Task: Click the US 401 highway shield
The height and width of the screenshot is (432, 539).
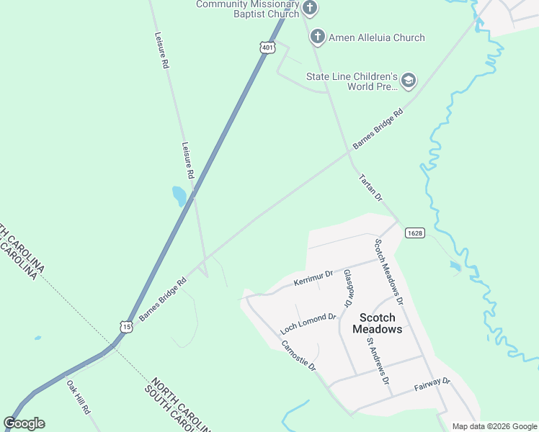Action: click(x=267, y=48)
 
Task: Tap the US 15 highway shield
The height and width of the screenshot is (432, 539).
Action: click(x=127, y=326)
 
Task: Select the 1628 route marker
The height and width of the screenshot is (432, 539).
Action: click(x=414, y=233)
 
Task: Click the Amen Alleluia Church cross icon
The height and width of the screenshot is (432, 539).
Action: click(x=317, y=37)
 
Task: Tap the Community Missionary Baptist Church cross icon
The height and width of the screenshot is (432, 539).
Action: click(x=310, y=9)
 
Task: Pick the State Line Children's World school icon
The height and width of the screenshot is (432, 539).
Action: click(x=409, y=81)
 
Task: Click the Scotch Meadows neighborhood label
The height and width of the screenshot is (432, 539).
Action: click(x=377, y=323)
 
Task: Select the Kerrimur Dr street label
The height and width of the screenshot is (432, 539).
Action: click(x=313, y=279)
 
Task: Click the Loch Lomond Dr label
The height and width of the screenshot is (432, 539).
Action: click(x=308, y=323)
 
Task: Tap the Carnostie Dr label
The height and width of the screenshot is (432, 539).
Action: click(x=299, y=355)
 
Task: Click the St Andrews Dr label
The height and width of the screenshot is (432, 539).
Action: click(x=378, y=360)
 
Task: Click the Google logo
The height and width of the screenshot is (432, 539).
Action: click(x=24, y=423)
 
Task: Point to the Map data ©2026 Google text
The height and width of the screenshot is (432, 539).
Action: click(x=494, y=426)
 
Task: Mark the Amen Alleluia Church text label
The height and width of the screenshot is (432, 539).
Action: click(x=377, y=37)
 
